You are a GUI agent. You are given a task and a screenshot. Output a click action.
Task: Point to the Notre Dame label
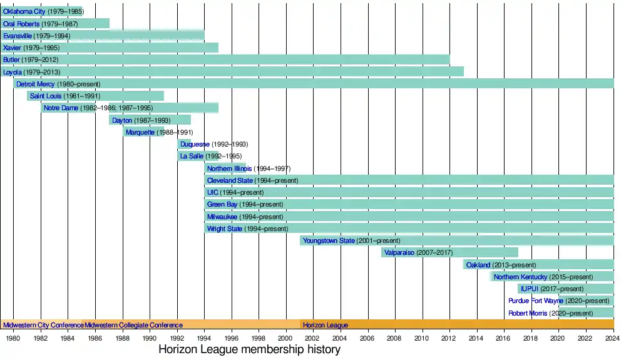[61, 108]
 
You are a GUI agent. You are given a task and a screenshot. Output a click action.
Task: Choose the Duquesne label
[195, 144]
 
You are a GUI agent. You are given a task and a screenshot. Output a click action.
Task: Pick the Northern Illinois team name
[229, 168]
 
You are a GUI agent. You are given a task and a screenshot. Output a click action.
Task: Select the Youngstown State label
[329, 240]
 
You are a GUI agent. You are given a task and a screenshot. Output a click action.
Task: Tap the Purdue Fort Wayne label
[536, 301]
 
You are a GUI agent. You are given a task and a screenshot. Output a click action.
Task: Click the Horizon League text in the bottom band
[326, 326]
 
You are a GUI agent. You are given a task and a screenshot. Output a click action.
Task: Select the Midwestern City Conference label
[43, 326]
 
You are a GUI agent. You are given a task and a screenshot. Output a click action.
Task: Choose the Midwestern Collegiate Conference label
[133, 326]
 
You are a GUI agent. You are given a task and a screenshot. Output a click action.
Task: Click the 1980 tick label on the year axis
[13, 338]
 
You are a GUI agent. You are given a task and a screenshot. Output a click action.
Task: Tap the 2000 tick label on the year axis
[286, 338]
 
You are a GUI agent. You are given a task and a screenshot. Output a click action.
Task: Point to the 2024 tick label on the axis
[613, 338]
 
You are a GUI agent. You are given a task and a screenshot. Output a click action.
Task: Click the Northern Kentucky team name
[520, 277]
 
